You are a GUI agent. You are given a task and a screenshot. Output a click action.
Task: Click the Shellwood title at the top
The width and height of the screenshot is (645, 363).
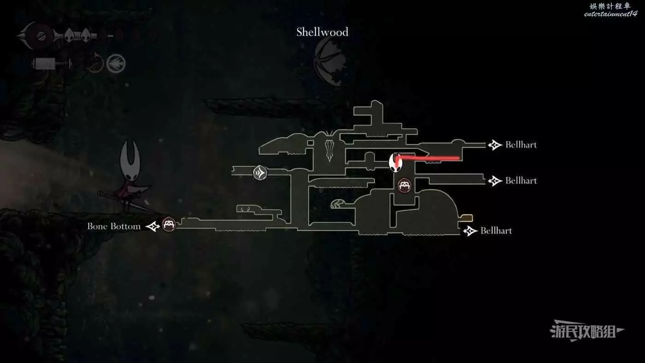pyautogui.click(x=322, y=32)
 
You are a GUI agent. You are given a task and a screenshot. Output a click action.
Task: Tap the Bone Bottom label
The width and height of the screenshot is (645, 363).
pyautogui.click(x=114, y=226)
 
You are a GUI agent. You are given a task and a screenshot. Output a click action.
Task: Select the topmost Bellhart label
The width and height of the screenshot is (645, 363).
pyautogui.click(x=521, y=145)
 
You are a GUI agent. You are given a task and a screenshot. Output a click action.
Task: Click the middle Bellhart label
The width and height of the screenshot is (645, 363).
pyautogui.click(x=521, y=181)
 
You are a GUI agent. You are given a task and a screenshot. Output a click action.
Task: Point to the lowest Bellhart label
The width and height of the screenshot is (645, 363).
pyautogui.click(x=496, y=231)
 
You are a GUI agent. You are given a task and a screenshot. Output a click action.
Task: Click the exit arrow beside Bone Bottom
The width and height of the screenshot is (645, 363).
pyautogui.click(x=153, y=226)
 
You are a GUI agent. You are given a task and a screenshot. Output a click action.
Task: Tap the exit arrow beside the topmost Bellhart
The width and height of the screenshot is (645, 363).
pyautogui.click(x=495, y=145)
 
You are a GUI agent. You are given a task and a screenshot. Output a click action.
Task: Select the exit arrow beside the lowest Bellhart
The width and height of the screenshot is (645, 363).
pyautogui.click(x=470, y=231)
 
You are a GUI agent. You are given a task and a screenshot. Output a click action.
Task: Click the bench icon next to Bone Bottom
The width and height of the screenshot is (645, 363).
pyautogui.click(x=169, y=225)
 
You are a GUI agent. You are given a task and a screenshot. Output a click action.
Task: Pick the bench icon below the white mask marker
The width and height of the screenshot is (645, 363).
pyautogui.click(x=405, y=185)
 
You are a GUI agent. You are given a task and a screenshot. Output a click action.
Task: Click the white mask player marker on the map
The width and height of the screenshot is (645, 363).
pyautogui.click(x=395, y=162)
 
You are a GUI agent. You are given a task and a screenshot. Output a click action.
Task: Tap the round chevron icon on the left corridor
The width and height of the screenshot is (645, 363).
pyautogui.click(x=260, y=173)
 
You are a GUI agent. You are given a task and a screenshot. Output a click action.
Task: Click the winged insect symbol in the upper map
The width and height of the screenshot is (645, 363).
pyautogui.click(x=330, y=145)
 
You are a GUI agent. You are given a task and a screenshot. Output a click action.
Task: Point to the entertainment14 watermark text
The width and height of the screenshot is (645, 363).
pyautogui.click(x=610, y=14)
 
